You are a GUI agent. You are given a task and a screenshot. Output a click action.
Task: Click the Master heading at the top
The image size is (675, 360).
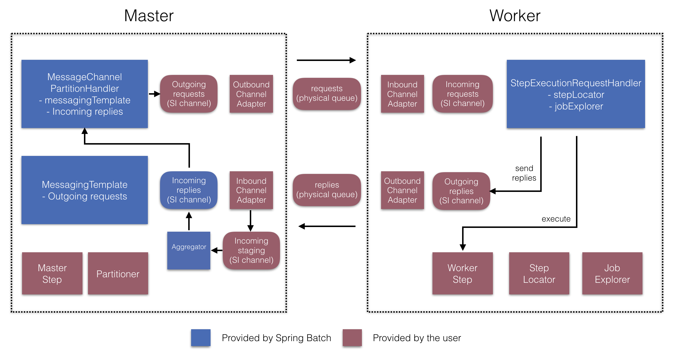pos(149,16)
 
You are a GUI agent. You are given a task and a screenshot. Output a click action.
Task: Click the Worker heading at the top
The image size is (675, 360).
pos(515,16)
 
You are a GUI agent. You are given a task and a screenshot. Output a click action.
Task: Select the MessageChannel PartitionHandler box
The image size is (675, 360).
pos(85,94)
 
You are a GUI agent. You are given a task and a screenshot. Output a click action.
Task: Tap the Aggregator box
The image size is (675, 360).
pos(189,250)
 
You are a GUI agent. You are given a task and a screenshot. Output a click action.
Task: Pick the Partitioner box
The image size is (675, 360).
pos(118,273)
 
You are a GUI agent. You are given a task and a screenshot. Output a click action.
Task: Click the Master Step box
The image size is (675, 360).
pos(52,273)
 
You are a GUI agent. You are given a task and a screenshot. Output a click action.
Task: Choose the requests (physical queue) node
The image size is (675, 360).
pos(327,93)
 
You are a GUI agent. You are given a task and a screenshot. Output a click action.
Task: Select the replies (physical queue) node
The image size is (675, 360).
pos(327,190)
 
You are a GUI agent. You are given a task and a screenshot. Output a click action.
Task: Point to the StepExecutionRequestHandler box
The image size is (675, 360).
pos(576,94)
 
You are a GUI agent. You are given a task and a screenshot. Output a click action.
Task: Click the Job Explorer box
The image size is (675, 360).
pos(612,273)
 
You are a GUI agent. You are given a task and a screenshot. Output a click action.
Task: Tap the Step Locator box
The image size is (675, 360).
pos(539,273)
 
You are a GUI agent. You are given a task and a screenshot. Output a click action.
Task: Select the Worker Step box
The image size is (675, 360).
pos(462,273)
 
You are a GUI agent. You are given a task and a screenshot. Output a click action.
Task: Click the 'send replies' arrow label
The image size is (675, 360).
pos(524,173)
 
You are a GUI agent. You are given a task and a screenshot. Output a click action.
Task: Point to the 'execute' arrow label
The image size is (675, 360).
pos(556,219)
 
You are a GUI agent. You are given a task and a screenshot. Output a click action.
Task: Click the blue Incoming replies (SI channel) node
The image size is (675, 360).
pos(189,190)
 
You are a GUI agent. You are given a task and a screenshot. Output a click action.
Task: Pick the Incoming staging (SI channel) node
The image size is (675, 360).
pos(251,250)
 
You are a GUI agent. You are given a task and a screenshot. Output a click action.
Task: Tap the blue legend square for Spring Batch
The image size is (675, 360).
pos(201,338)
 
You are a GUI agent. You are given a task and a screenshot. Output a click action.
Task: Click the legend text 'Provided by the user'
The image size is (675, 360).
pos(417,338)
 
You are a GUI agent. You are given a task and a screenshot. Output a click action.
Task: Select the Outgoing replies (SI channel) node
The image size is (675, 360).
pos(461,191)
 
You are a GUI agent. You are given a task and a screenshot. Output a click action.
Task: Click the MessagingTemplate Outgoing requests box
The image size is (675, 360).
pos(85,190)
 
